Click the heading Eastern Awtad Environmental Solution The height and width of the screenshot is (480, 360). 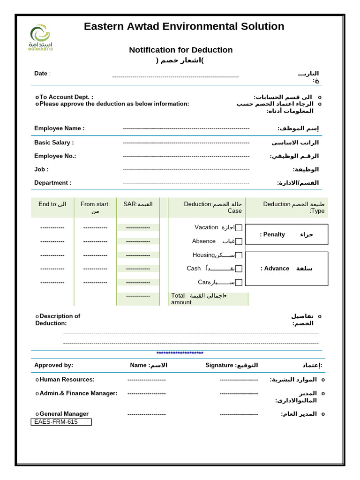coord(184,26)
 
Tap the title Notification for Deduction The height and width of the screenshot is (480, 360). coord(180,50)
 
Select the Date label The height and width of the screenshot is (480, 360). coord(41,74)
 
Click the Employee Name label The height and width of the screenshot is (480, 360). coord(59,128)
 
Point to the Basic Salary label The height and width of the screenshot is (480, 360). coord(54,142)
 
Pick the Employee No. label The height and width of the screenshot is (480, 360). coord(55,156)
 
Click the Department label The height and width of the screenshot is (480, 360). coord(52,183)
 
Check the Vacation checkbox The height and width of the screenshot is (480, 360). coord(239,228)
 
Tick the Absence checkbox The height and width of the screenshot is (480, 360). coord(239,241)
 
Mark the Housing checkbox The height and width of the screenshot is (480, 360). coord(239,255)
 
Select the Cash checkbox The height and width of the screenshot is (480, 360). coord(239,269)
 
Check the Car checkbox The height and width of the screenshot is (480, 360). coord(239,282)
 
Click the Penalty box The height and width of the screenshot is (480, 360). coord(286,234)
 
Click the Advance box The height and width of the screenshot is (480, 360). coord(286,269)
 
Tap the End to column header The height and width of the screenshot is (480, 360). coord(52,204)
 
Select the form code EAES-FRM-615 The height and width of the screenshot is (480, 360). coord(61,422)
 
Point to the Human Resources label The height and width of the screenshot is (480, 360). coord(67,380)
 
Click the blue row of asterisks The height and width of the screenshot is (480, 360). coord(180,353)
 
